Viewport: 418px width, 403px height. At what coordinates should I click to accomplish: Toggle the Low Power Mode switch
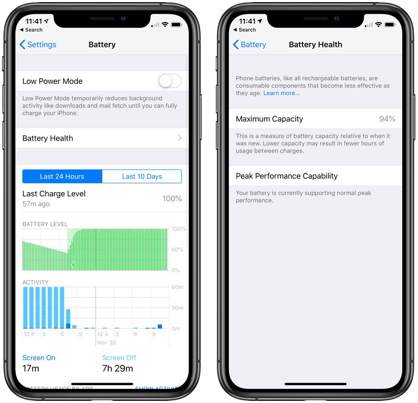click(x=170, y=81)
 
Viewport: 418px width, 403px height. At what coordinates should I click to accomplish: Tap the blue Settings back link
click(x=38, y=44)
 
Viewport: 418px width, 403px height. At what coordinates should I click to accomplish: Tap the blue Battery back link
click(x=250, y=44)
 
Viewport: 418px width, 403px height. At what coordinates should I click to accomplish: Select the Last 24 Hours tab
click(x=62, y=176)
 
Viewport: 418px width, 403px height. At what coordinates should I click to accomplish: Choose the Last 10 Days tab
click(x=142, y=176)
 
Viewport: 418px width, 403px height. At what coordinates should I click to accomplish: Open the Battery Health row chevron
click(x=180, y=138)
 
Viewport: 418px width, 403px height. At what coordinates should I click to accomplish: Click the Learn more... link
click(x=282, y=93)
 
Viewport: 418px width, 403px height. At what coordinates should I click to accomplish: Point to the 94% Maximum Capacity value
click(x=387, y=119)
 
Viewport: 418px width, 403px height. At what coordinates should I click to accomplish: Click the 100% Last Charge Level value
click(x=172, y=199)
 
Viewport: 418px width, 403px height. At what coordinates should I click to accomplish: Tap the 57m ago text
click(x=36, y=204)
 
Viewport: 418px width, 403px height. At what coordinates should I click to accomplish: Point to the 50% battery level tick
click(x=177, y=250)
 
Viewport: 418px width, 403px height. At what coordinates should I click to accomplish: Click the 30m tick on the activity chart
click(x=177, y=307)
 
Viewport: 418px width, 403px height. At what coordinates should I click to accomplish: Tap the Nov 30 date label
click(x=107, y=342)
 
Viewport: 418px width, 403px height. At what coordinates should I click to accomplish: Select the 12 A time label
click(x=102, y=334)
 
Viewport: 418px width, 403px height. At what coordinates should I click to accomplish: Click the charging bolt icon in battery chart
click(x=74, y=265)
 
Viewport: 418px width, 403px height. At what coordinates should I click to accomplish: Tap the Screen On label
click(x=39, y=358)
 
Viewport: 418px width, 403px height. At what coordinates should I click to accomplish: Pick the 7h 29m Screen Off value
click(x=118, y=369)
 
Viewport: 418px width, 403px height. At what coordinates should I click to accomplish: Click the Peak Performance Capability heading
click(x=287, y=176)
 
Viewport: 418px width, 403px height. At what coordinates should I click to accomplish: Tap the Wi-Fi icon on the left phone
click(x=165, y=25)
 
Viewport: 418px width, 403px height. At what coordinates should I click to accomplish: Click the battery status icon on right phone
click(x=390, y=25)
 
